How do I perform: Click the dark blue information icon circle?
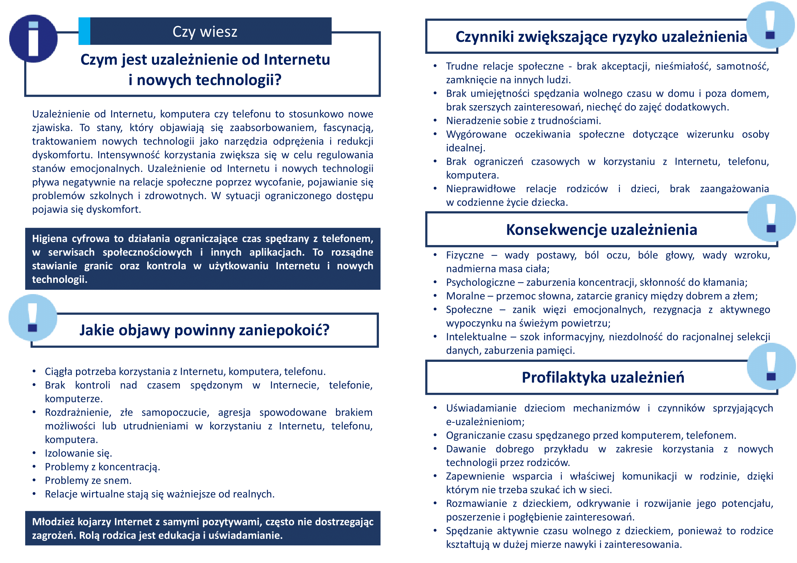click(x=33, y=38)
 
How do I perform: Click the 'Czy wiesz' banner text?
click(x=205, y=32)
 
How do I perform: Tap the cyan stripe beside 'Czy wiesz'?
click(x=85, y=31)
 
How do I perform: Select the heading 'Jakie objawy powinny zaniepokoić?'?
click(x=204, y=330)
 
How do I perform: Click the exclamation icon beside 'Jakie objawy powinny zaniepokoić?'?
click(x=33, y=317)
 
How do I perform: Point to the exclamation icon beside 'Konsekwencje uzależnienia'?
click(x=771, y=218)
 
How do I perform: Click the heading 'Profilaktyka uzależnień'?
click(x=603, y=377)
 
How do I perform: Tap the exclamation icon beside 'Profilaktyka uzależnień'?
click(x=771, y=367)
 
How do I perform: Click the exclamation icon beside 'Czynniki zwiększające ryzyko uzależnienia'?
click(x=770, y=25)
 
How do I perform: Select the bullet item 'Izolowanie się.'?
click(x=78, y=453)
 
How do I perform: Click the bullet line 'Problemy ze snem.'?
click(x=88, y=481)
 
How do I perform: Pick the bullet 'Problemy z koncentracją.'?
click(x=103, y=467)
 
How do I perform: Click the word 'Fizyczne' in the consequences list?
click(x=465, y=255)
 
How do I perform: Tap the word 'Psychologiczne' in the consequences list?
click(x=480, y=282)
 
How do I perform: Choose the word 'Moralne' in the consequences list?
click(x=465, y=296)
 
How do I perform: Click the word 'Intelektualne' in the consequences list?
click(x=476, y=337)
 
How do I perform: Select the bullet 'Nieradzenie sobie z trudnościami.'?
click(x=523, y=120)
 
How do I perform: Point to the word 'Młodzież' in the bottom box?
click(x=53, y=522)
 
